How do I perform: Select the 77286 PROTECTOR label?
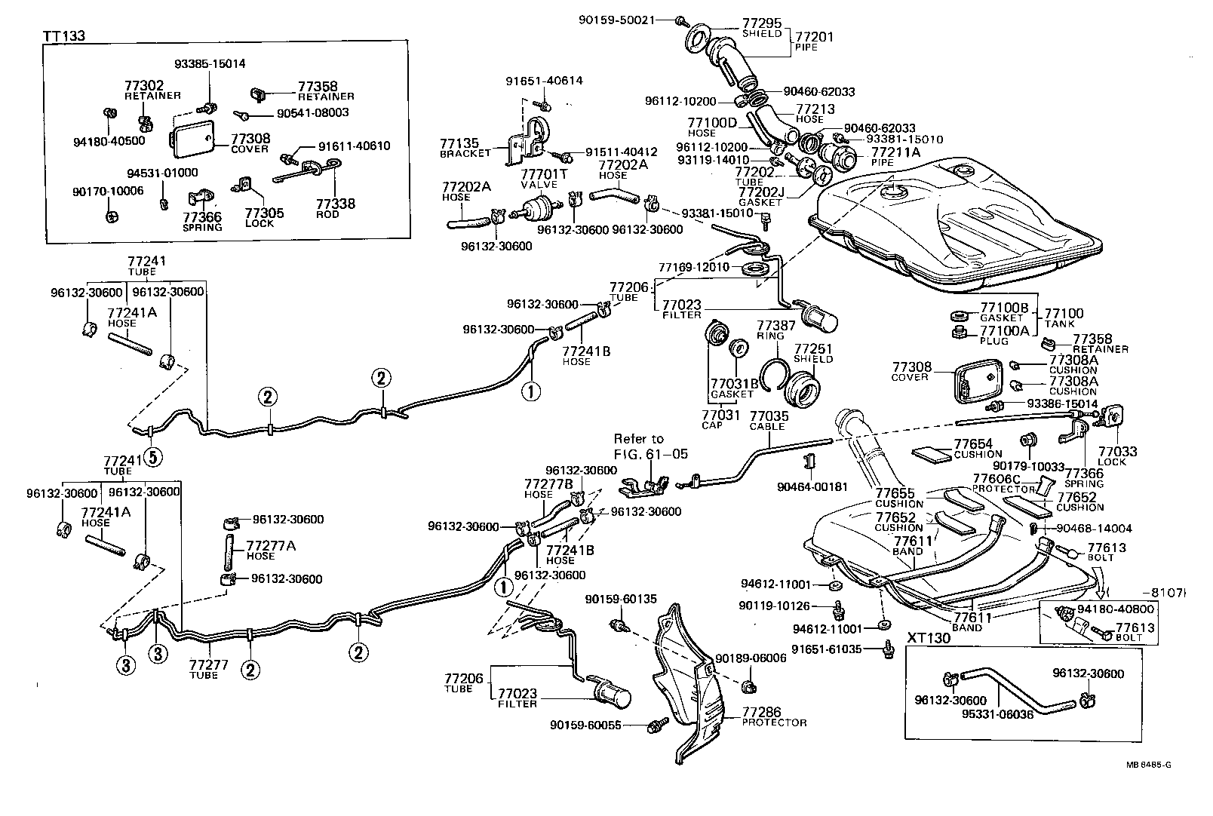pyautogui.click(x=773, y=716)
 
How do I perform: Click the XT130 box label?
pyautogui.click(x=928, y=637)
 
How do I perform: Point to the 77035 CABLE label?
pyautogui.click(x=768, y=420)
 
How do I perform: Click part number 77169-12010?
pyautogui.click(x=693, y=267)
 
